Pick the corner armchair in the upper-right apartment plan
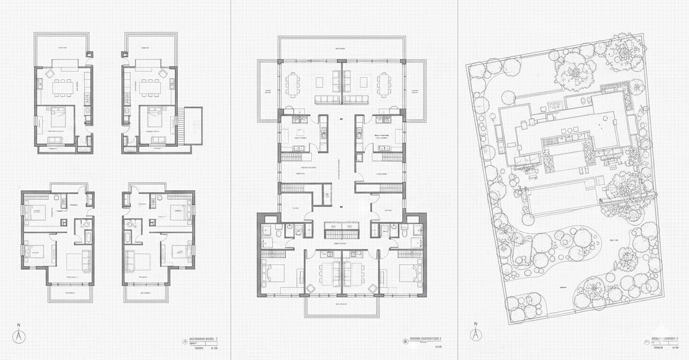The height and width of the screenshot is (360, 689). point(163,74)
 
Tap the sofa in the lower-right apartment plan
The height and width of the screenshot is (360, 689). point(131,260)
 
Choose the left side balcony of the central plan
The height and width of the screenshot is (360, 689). point(268,91)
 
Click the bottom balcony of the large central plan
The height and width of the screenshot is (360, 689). point(342,306)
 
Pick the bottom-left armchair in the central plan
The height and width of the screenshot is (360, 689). point(310,289)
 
